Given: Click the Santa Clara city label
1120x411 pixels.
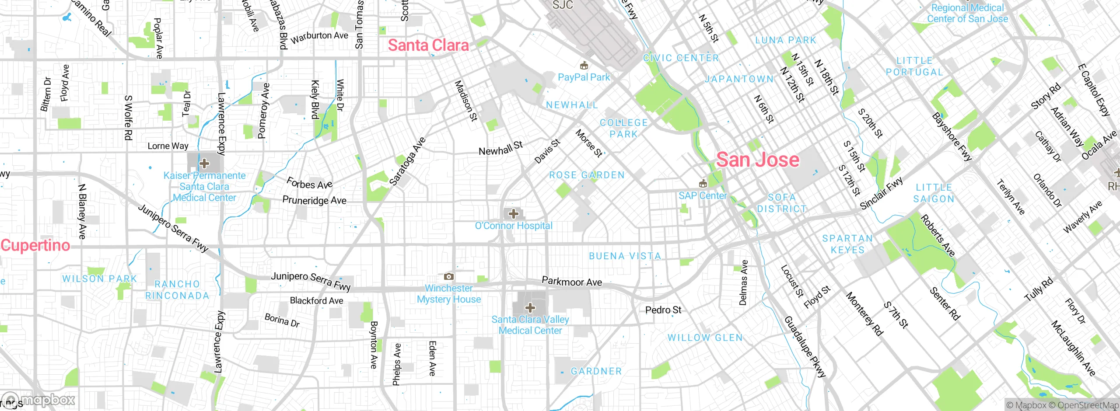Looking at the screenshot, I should tap(428, 45).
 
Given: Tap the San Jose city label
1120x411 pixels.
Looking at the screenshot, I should tap(757, 160).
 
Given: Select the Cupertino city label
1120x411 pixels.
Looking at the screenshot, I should tap(35, 245).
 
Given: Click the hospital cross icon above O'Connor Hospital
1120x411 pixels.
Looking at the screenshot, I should tap(514, 214).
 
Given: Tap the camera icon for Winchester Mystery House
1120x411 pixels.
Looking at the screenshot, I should tap(448, 276).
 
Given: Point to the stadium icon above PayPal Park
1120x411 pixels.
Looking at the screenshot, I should tap(583, 66).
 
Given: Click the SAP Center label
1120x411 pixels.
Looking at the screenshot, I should tap(703, 195).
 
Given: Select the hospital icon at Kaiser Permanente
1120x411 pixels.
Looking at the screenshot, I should tap(204, 164).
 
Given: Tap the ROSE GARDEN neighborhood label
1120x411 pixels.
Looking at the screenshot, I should tap(587, 175).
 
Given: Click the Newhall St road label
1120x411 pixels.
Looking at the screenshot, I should tap(500, 149).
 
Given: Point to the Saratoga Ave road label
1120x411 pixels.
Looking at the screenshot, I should tap(407, 161).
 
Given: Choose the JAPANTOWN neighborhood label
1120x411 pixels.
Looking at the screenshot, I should tap(738, 79).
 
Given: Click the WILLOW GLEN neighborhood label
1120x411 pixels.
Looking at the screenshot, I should tap(705, 338).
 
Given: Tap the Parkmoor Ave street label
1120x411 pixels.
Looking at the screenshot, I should tap(572, 282).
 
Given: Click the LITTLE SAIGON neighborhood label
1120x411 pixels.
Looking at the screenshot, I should tap(934, 193).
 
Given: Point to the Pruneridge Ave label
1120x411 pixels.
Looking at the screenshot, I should tap(314, 201).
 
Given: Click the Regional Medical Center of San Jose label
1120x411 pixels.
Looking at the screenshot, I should tap(967, 14).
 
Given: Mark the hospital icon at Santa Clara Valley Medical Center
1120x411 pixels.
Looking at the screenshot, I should tap(530, 307).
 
